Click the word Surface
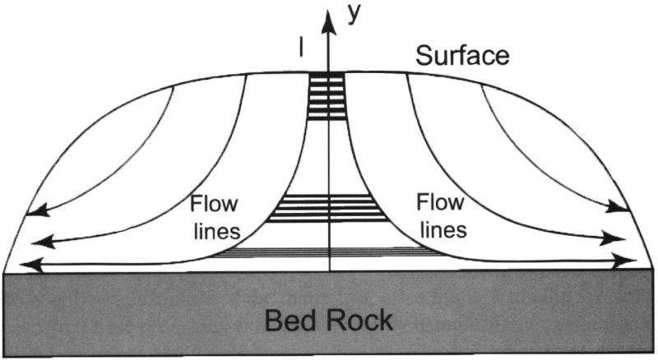point(462,56)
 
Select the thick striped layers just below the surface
point(326,97)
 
